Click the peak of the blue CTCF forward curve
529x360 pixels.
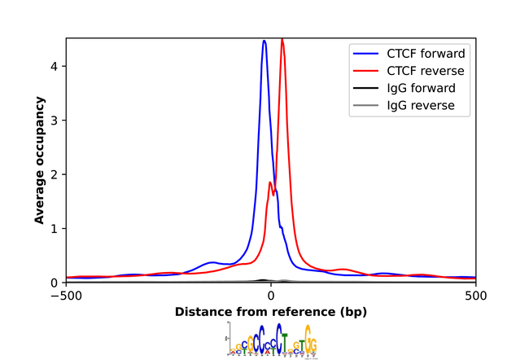[264, 42]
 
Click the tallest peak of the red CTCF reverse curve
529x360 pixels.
[282, 40]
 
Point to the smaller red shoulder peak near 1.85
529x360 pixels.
[269, 182]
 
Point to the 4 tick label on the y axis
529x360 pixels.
[55, 66]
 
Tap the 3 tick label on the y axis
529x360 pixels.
[55, 121]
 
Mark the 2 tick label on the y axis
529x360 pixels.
[55, 174]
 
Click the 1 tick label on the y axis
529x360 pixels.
[55, 228]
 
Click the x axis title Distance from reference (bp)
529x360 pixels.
[271, 312]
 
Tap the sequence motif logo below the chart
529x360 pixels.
[272, 340]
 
